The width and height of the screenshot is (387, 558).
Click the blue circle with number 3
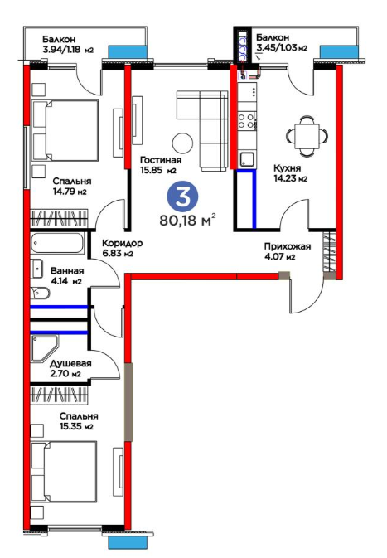[183, 198]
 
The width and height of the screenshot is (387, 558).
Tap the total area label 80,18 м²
[188, 220]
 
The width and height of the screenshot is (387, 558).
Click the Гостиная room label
[161, 161]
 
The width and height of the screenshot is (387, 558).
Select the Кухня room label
[287, 168]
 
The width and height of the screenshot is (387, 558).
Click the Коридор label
[123, 244]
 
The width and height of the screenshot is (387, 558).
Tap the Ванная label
[67, 271]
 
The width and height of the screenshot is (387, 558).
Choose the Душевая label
[70, 364]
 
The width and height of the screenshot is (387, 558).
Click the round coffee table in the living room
[183, 143]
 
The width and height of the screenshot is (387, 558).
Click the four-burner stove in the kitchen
[246, 120]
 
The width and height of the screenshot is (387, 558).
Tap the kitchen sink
[247, 159]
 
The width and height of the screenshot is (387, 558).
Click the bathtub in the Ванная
[58, 244]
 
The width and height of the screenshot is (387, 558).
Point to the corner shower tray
[45, 349]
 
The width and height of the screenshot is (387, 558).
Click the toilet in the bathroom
[41, 293]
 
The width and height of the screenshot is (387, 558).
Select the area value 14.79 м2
[70, 192]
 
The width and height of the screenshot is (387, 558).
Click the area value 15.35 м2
[76, 426]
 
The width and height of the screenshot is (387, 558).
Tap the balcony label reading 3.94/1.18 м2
[68, 50]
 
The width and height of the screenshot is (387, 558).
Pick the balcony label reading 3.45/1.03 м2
[282, 47]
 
